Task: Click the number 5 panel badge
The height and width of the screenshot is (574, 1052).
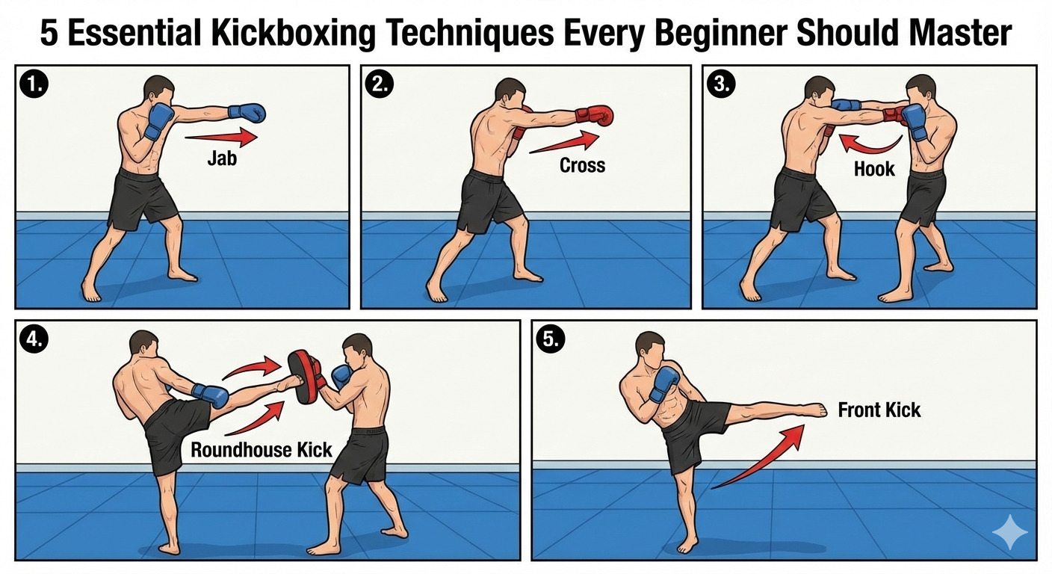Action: tap(550, 340)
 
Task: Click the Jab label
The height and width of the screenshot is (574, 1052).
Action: tap(221, 158)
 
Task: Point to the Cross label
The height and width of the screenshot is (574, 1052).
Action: tap(582, 164)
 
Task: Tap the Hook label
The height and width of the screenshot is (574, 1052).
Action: tap(874, 168)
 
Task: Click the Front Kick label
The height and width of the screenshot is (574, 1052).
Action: tap(879, 410)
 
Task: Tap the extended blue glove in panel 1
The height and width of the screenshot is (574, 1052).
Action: tap(247, 112)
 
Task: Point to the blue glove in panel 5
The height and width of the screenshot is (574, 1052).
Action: tap(663, 383)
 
